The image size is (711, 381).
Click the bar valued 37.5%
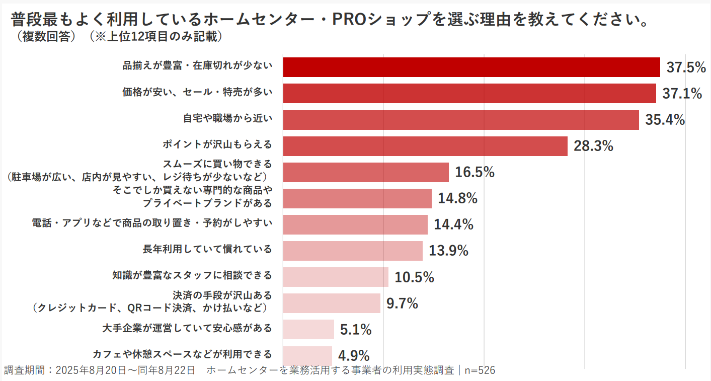pyautogui.click(x=471, y=67)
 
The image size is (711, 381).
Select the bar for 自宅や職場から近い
pyautogui.click(x=460, y=120)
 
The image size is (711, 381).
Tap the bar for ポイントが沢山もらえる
pyautogui.click(x=425, y=146)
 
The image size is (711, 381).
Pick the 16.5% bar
pyautogui.click(x=366, y=172)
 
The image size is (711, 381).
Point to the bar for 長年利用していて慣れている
pyautogui.click(x=353, y=251)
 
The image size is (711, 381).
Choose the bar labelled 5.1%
pyautogui.click(x=308, y=329)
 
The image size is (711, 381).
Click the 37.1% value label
pyautogui.click(x=682, y=94)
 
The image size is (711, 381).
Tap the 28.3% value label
pyautogui.click(x=593, y=146)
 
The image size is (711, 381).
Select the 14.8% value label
pyautogui.click(x=457, y=199)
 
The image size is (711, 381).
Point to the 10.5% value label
pyautogui.click(x=414, y=277)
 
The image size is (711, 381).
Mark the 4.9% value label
pyautogui.click(x=354, y=355)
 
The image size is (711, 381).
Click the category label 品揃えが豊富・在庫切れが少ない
pyautogui.click(x=197, y=65)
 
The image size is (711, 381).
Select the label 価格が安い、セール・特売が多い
pyautogui.click(x=197, y=92)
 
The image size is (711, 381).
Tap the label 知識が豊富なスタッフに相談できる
pyautogui.click(x=192, y=275)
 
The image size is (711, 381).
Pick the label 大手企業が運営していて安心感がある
pyautogui.click(x=187, y=328)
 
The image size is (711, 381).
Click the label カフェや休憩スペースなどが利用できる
pyautogui.click(x=182, y=354)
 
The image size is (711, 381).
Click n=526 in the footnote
pyautogui.click(x=480, y=370)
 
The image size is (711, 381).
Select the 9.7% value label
pyautogui.click(x=402, y=303)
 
